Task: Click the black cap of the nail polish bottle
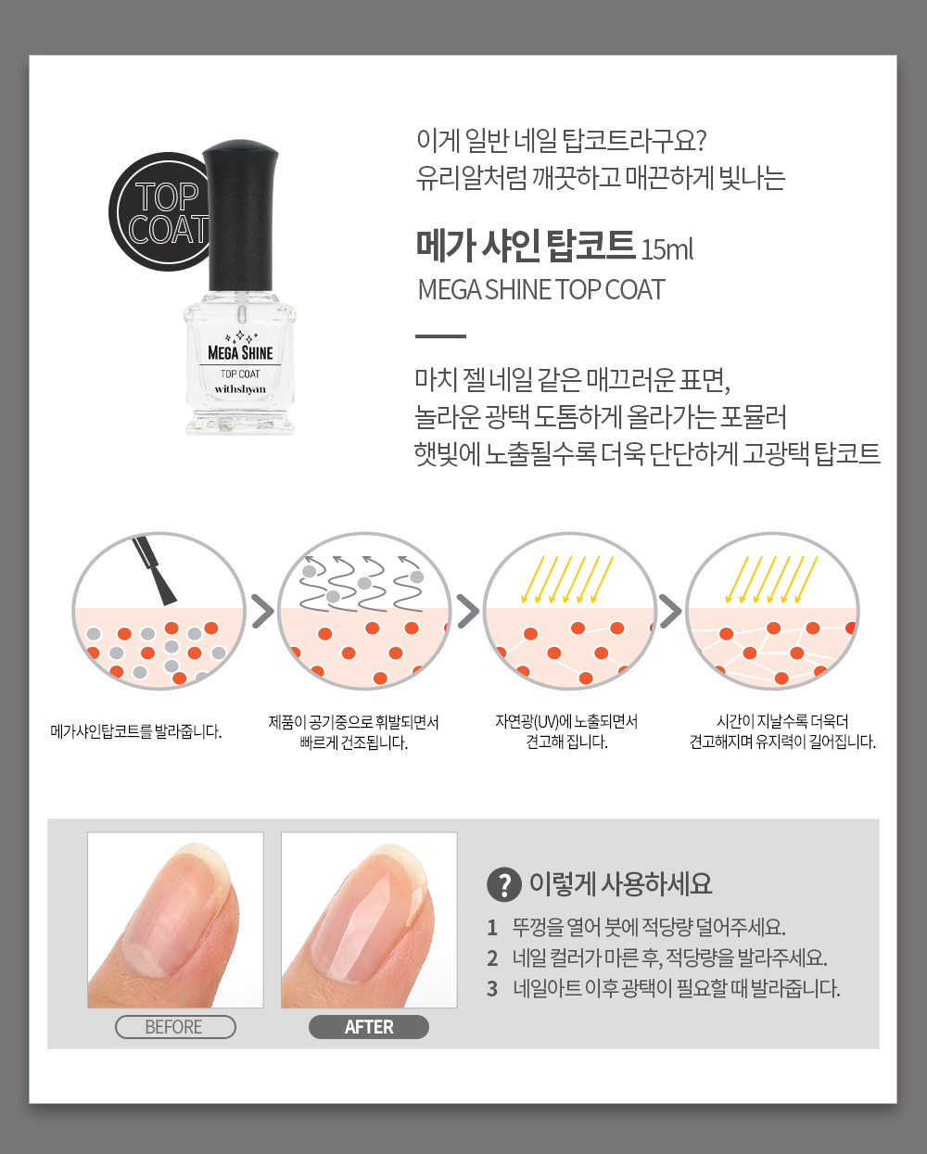[x=240, y=216]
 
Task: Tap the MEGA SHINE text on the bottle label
[x=240, y=353]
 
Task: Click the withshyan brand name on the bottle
[x=240, y=388]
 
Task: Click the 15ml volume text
[x=667, y=250]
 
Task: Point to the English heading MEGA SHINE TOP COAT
[x=541, y=290]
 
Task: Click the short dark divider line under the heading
[x=440, y=336]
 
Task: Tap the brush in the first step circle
[x=155, y=571]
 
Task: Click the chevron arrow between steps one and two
[x=262, y=611]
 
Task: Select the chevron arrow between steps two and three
[x=468, y=611]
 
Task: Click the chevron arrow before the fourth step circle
[x=670, y=611]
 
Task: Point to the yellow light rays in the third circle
[x=567, y=579]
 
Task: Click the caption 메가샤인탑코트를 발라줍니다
[x=135, y=731]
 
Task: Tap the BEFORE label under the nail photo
[x=175, y=1027]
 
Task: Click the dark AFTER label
[x=369, y=1027]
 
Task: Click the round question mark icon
[x=503, y=884]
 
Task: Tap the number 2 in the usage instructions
[x=492, y=958]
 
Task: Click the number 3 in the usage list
[x=492, y=989]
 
